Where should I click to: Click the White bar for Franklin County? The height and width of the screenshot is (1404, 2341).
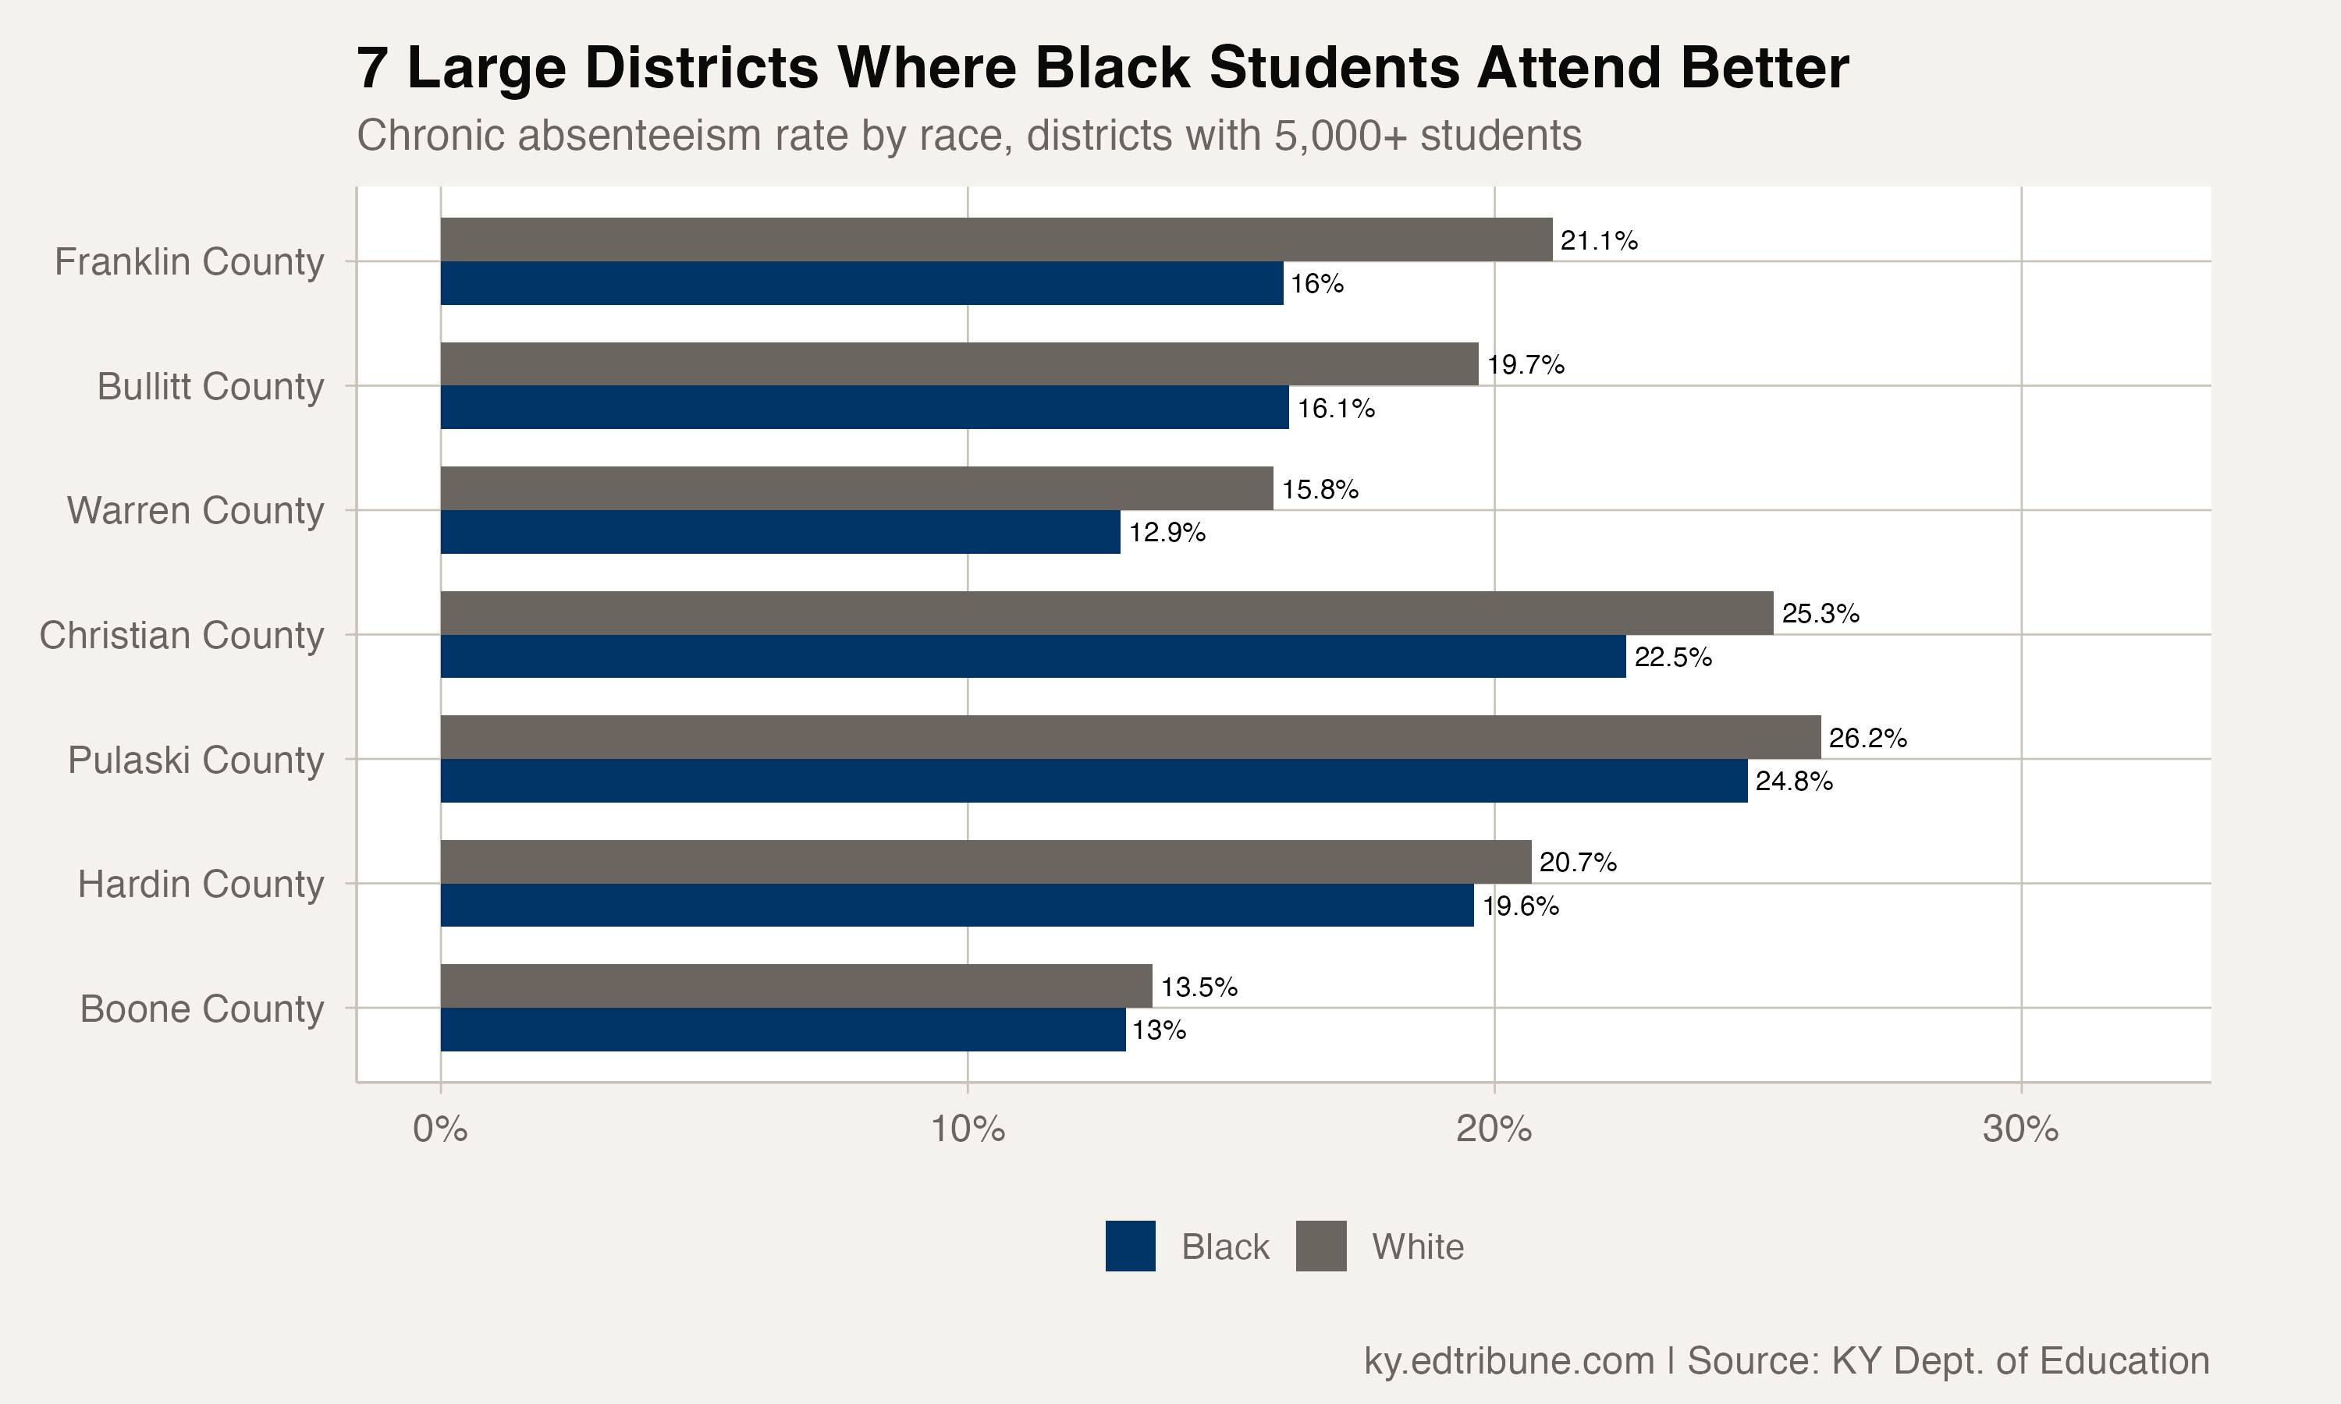[x=996, y=239]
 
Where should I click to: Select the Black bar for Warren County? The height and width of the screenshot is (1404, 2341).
[x=780, y=532]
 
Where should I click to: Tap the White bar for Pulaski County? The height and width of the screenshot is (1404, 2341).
[x=1130, y=737]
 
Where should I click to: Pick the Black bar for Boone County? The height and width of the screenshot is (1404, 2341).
[x=783, y=1030]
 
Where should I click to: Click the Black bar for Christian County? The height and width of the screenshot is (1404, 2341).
[x=1032, y=657]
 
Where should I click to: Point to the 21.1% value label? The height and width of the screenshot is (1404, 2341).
[x=1598, y=240]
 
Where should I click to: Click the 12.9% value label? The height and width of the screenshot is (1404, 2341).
[x=1167, y=533]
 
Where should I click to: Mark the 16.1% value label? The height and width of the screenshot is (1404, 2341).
[x=1335, y=409]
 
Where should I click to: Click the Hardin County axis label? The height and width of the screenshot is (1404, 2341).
[x=201, y=884]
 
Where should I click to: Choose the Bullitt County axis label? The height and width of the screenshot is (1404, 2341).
[x=210, y=386]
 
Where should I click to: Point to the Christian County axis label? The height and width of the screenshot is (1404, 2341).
[x=182, y=635]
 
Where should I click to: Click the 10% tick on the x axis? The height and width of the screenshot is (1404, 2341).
[x=967, y=1129]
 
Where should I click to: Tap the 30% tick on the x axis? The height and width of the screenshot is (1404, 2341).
[x=2020, y=1129]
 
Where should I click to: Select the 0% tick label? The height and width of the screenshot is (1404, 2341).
[x=440, y=1129]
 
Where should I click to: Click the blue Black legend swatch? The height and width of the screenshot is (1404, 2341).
[x=1130, y=1246]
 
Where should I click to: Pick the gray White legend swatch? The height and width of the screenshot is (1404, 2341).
[x=1321, y=1246]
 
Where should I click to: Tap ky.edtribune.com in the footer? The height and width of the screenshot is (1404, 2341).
[x=1508, y=1360]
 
